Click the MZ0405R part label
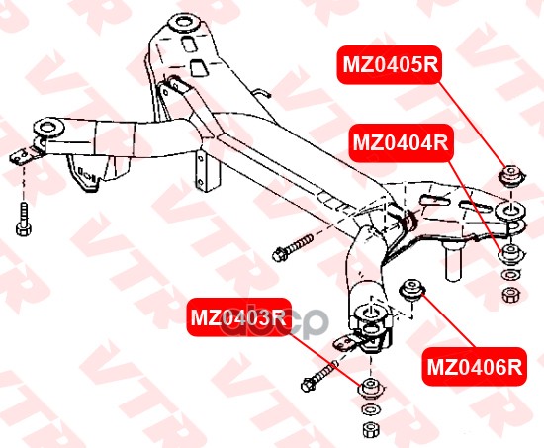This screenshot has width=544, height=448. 391,65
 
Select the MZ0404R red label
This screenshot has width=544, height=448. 401,142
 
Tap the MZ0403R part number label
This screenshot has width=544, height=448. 238,317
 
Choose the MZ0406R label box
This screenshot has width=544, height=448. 474,367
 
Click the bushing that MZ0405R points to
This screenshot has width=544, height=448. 511,176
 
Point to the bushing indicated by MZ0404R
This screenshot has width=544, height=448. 510,254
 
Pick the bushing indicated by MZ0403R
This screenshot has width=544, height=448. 371,389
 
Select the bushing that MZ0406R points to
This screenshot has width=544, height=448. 412,290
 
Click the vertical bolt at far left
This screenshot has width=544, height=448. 24,220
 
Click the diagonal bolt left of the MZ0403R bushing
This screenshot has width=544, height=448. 318,376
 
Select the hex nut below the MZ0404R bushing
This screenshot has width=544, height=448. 510,296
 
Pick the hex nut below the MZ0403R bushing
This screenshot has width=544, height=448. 371,429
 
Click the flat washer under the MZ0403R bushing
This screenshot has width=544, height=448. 371,410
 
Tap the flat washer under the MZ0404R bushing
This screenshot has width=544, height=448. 510,276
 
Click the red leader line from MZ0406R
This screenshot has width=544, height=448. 448,320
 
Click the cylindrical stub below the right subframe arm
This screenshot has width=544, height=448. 454,261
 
